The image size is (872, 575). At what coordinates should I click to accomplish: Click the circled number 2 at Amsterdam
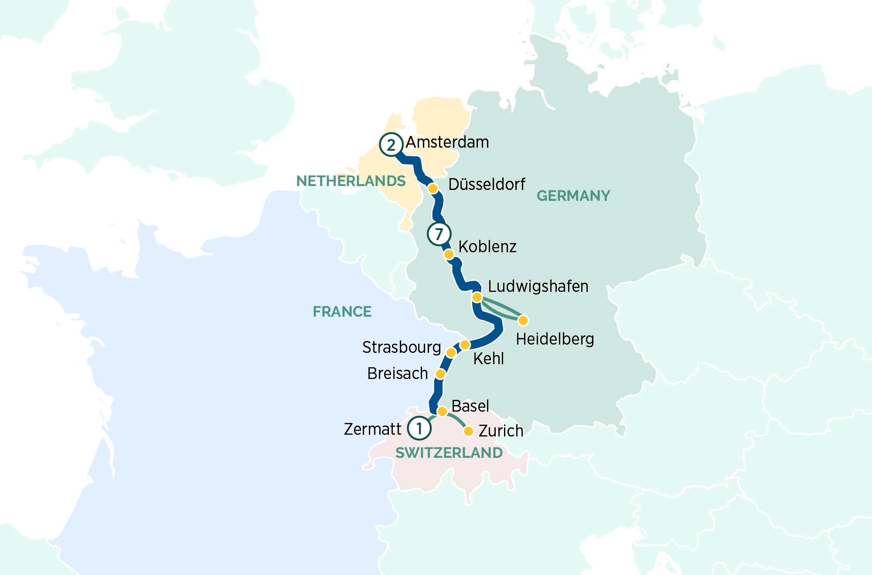[x=391, y=145]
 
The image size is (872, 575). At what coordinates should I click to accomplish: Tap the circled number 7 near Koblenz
[x=439, y=234]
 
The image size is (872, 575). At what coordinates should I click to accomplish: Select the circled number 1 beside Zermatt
[x=419, y=428]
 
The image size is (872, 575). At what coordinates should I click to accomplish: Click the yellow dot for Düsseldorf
[x=433, y=189]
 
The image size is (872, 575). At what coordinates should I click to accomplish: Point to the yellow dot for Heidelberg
[x=523, y=321]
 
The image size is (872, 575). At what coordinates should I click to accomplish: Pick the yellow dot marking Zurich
[x=468, y=431]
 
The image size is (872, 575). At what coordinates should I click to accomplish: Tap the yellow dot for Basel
[x=442, y=411]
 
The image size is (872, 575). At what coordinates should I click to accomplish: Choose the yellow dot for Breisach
[x=440, y=374]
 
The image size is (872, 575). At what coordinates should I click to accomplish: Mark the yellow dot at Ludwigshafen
[x=477, y=298]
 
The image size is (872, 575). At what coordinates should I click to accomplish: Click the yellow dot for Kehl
[x=465, y=345]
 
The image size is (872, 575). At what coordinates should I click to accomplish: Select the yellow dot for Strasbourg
[x=451, y=352]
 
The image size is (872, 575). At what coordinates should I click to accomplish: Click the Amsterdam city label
[x=447, y=142]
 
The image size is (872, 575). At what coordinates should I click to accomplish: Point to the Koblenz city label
[x=487, y=247]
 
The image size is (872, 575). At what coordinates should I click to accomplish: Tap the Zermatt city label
[x=372, y=429]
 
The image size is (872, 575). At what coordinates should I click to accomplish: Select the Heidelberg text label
[x=555, y=339]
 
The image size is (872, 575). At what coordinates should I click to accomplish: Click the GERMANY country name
[x=573, y=196]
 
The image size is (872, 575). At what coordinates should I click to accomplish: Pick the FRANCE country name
[x=342, y=311]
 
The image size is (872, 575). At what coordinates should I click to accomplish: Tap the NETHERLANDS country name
[x=351, y=181]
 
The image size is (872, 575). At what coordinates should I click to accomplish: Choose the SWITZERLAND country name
[x=449, y=453]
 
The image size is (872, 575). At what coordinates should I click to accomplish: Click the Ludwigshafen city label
[x=538, y=287]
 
